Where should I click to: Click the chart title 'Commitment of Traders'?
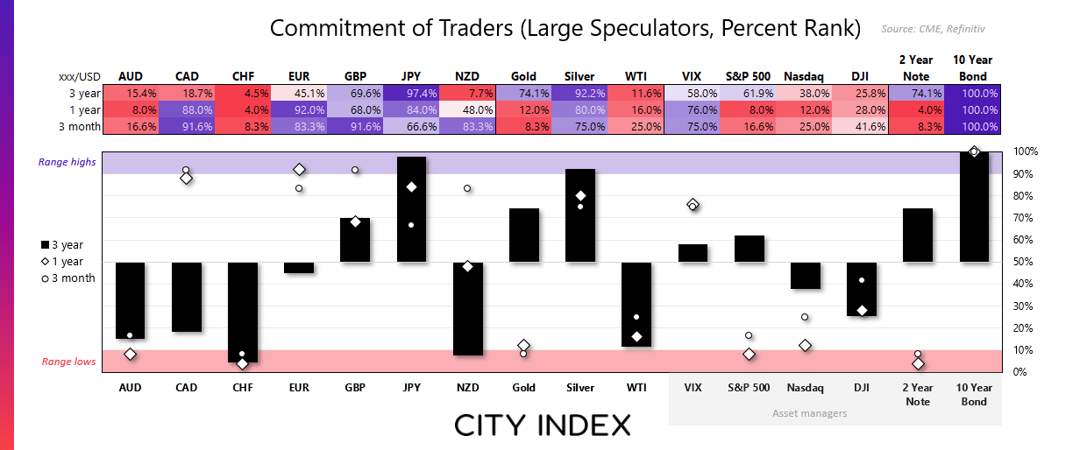click(565, 28)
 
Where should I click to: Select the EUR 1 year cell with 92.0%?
click(299, 109)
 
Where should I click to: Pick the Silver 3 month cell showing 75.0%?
click(579, 126)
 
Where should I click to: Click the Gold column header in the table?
click(523, 76)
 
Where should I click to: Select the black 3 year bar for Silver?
click(580, 215)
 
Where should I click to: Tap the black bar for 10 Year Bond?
click(974, 207)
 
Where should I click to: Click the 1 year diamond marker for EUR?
click(299, 169)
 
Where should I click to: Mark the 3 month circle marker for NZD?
click(467, 188)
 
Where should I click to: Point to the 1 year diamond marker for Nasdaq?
click(805, 345)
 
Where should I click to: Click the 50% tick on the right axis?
click(1026, 262)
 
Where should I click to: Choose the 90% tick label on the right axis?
click(1026, 173)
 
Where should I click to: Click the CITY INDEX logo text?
click(543, 425)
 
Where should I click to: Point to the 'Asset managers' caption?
click(810, 412)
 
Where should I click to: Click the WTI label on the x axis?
click(636, 387)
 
